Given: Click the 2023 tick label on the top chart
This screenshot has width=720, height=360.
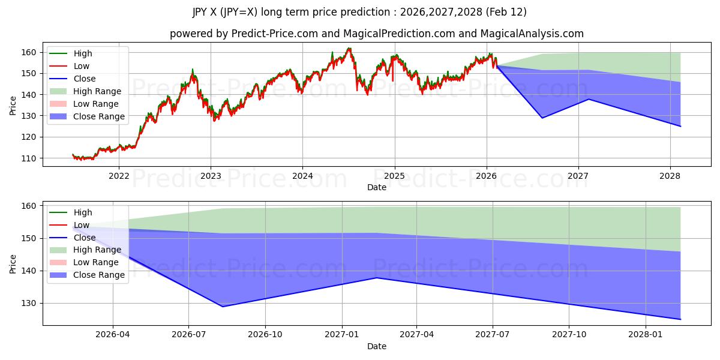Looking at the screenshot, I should [211, 176].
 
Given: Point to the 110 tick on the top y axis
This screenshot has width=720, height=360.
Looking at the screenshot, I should [29, 158].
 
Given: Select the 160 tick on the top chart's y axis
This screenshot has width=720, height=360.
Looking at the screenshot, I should [29, 53].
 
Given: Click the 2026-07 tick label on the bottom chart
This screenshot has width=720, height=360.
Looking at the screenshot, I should [188, 335].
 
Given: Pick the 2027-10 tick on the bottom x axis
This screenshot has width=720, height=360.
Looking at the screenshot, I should [569, 335].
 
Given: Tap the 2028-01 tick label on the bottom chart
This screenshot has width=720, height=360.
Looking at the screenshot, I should [646, 335].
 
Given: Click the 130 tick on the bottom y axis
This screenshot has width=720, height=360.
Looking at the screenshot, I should [29, 304].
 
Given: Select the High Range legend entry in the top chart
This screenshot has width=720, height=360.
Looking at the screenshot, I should [97, 91].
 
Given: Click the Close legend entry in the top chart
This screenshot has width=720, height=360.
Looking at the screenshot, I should [85, 79].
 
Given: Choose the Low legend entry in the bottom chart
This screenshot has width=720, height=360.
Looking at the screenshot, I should [81, 225].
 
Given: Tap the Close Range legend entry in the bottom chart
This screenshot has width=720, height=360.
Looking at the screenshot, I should [99, 275].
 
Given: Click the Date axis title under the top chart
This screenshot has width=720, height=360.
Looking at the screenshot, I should [377, 187].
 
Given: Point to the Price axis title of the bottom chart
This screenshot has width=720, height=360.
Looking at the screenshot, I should [13, 263].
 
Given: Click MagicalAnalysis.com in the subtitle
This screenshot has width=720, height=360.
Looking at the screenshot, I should [535, 34].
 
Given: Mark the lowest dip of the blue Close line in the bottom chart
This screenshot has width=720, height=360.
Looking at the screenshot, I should [223, 307].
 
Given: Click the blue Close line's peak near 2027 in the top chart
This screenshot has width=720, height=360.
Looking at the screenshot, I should [588, 99].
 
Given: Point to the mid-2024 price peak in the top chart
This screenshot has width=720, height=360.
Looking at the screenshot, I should [349, 49].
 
